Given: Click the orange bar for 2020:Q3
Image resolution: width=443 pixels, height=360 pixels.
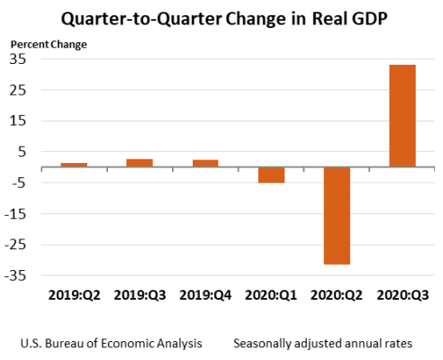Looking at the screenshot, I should tap(402, 115).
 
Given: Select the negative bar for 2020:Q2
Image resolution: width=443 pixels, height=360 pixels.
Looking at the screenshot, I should tap(337, 215).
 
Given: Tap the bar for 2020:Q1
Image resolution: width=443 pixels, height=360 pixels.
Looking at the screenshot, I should tap(271, 175).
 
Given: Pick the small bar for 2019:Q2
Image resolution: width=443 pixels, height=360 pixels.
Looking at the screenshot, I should tap(74, 165).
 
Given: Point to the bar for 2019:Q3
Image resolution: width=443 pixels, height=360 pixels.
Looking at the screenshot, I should tap(140, 163).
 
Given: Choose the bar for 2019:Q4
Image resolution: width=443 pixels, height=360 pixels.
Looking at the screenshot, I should tap(205, 163).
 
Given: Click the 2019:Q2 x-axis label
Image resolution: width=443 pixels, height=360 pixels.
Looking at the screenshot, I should tap(74, 294).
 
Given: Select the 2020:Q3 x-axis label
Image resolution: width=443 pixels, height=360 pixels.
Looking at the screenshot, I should tap(402, 294).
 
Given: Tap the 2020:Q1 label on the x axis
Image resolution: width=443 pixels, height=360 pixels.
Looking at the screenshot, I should tap(271, 294).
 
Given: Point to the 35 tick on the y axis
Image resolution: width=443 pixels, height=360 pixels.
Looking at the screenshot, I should tap(18, 58).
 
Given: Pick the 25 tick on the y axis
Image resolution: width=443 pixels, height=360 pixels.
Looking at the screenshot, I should tap(18, 90).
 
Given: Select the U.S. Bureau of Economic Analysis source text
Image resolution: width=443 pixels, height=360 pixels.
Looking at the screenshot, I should tap(107, 343).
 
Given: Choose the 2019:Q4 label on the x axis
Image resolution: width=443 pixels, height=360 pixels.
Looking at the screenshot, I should tap(205, 294).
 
